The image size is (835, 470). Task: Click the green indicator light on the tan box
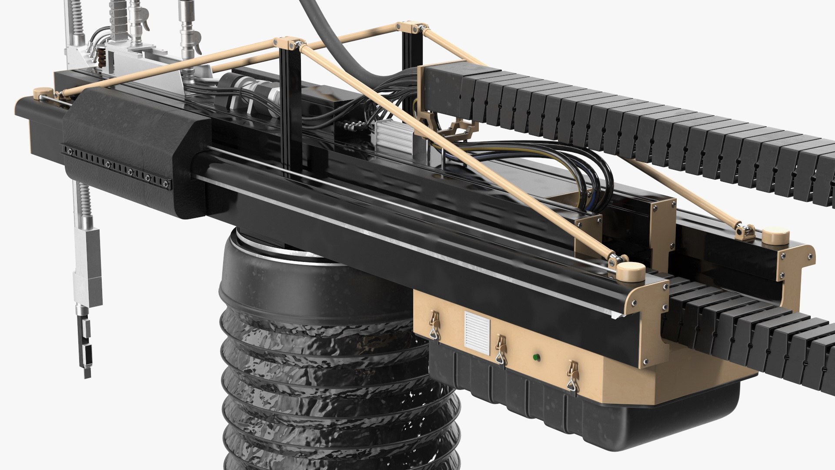point(536,358)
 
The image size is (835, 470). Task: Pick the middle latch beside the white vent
point(501,348)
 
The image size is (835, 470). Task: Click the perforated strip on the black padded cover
point(117,168)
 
